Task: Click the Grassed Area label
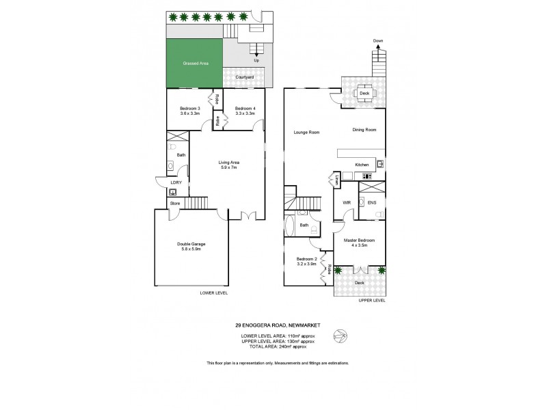pyautogui.click(x=195, y=64)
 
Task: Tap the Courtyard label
pyautogui.click(x=245, y=77)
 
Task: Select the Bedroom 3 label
pyautogui.click(x=189, y=109)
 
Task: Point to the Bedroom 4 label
pyautogui.click(x=245, y=109)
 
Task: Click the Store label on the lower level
pyautogui.click(x=174, y=203)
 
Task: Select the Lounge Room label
pyautogui.click(x=307, y=132)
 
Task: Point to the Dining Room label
pyautogui.click(x=364, y=129)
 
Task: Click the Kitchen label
pyautogui.click(x=362, y=165)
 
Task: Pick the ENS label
pyautogui.click(x=372, y=202)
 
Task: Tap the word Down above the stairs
pyautogui.click(x=377, y=41)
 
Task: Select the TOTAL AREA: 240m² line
pyautogui.click(x=278, y=347)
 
